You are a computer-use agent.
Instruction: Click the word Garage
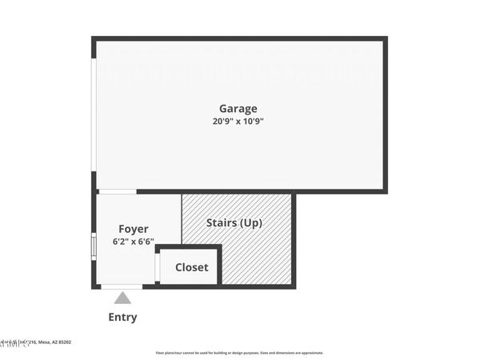(x=238, y=109)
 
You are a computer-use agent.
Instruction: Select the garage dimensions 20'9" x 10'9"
(x=238, y=122)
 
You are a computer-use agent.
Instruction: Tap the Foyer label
(x=134, y=229)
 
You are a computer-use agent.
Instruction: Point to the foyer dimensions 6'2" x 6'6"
(x=134, y=242)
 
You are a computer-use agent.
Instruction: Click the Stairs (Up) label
(x=234, y=223)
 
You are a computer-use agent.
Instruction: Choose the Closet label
(x=192, y=267)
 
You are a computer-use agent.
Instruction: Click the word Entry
(x=122, y=317)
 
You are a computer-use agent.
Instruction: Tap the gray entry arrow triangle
(x=122, y=298)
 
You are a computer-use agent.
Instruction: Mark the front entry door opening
(x=122, y=286)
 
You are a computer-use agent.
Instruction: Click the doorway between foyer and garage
(x=117, y=191)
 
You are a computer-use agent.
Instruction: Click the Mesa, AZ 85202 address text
(x=53, y=342)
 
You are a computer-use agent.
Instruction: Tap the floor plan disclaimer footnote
(x=239, y=353)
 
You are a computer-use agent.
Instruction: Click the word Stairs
(x=222, y=223)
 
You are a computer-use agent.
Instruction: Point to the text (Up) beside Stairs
(x=251, y=223)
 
